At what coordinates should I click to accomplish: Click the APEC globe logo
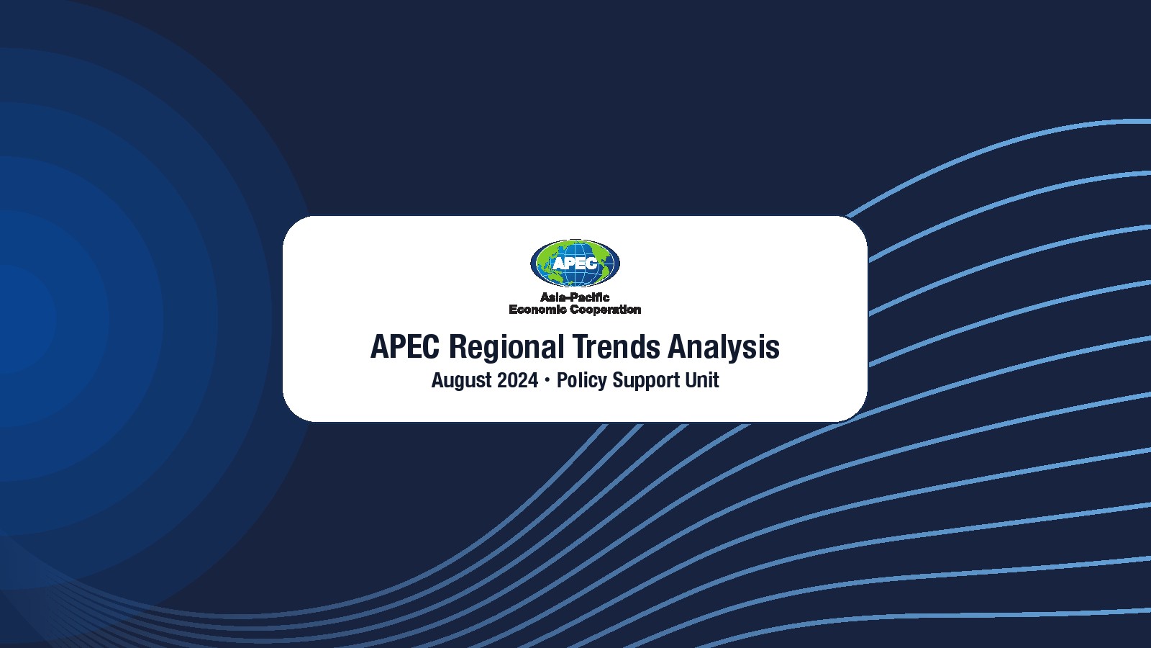tap(575, 263)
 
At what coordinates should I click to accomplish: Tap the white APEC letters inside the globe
tap(575, 264)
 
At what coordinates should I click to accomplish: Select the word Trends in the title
tap(616, 346)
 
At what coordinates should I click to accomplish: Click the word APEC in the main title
tap(405, 346)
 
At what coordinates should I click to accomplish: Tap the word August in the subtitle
tap(461, 381)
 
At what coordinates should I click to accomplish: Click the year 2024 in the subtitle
tap(517, 380)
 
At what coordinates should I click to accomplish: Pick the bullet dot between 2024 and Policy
tap(547, 381)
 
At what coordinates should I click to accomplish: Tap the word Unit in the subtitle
tap(701, 380)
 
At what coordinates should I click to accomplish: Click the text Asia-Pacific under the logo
tap(575, 297)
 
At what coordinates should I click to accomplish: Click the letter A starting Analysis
tap(678, 346)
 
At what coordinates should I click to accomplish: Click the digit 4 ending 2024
tap(533, 380)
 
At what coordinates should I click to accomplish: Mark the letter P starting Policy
tap(563, 380)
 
